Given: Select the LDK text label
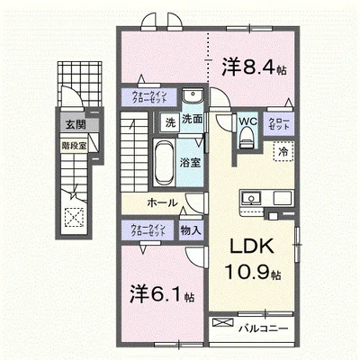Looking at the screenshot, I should tap(244, 248).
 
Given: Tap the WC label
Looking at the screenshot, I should tap(247, 122).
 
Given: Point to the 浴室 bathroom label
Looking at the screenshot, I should tap(188, 163).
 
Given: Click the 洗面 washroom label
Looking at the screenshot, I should tap(192, 118).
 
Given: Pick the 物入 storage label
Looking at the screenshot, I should tap(190, 231).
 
